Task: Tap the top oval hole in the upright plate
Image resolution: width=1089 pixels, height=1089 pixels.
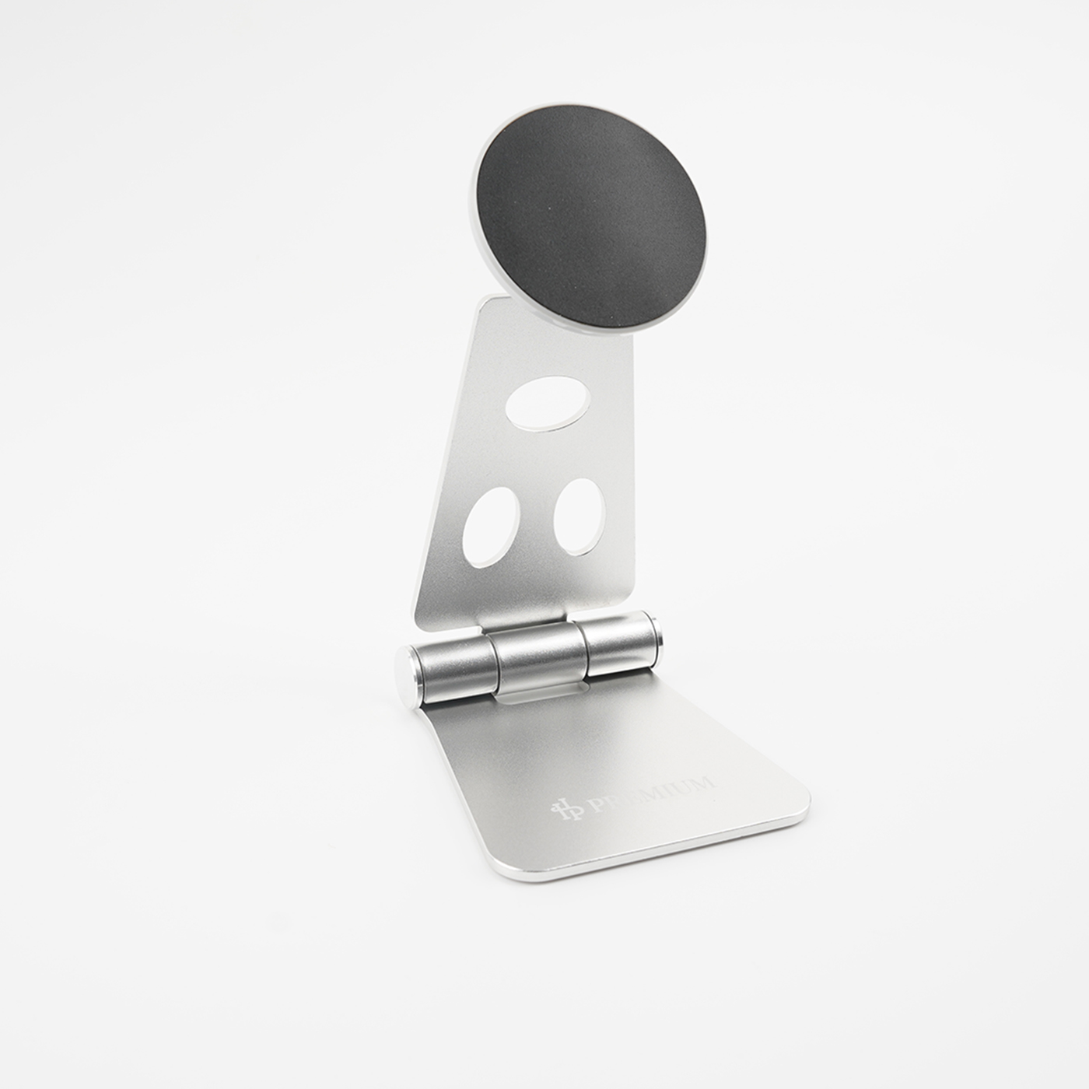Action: coord(546,402)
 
